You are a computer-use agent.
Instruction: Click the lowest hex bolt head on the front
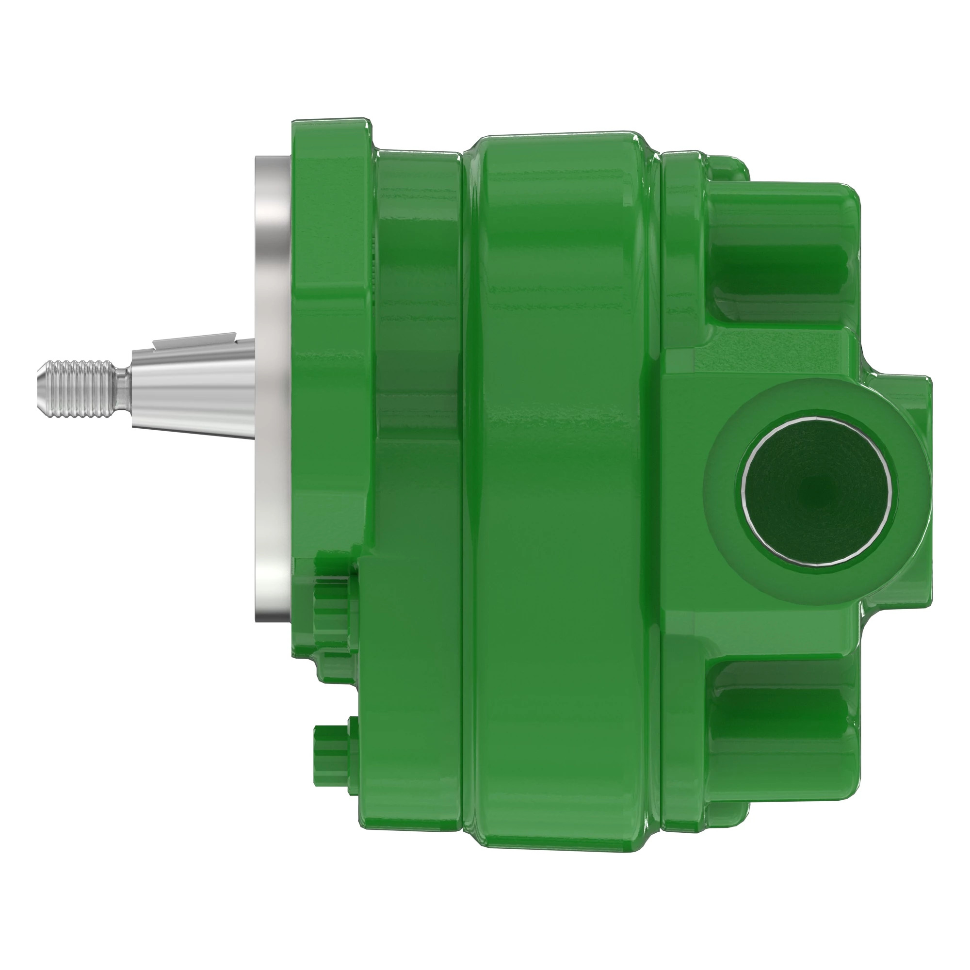(x=331, y=753)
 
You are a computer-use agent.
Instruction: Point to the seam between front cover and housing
(x=461, y=452)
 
